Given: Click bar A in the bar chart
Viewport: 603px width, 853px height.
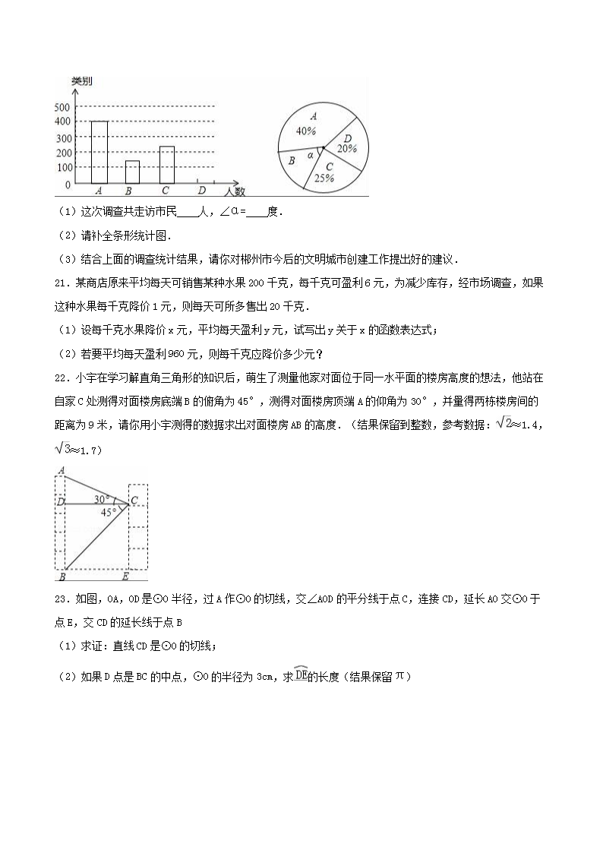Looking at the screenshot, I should point(99,152).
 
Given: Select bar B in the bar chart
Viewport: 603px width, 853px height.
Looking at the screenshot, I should point(132,172).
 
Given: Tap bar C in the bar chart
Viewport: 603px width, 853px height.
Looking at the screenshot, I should point(167,165).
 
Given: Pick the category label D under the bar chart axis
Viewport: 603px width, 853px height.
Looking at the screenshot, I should point(201,191).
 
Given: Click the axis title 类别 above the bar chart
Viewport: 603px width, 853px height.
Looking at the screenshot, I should point(81,81).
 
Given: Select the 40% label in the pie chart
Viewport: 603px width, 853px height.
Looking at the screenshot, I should point(306,130).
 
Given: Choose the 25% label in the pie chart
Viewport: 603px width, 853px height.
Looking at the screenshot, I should point(325,178).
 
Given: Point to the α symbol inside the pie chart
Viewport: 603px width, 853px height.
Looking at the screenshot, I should point(311,155).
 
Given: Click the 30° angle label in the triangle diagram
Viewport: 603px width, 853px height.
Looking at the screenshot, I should point(103,500).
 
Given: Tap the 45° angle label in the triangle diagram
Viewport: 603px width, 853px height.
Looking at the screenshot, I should point(109,512).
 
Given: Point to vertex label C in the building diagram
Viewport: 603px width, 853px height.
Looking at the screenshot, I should point(134,501).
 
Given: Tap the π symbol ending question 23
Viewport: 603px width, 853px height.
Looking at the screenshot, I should point(402,675).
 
